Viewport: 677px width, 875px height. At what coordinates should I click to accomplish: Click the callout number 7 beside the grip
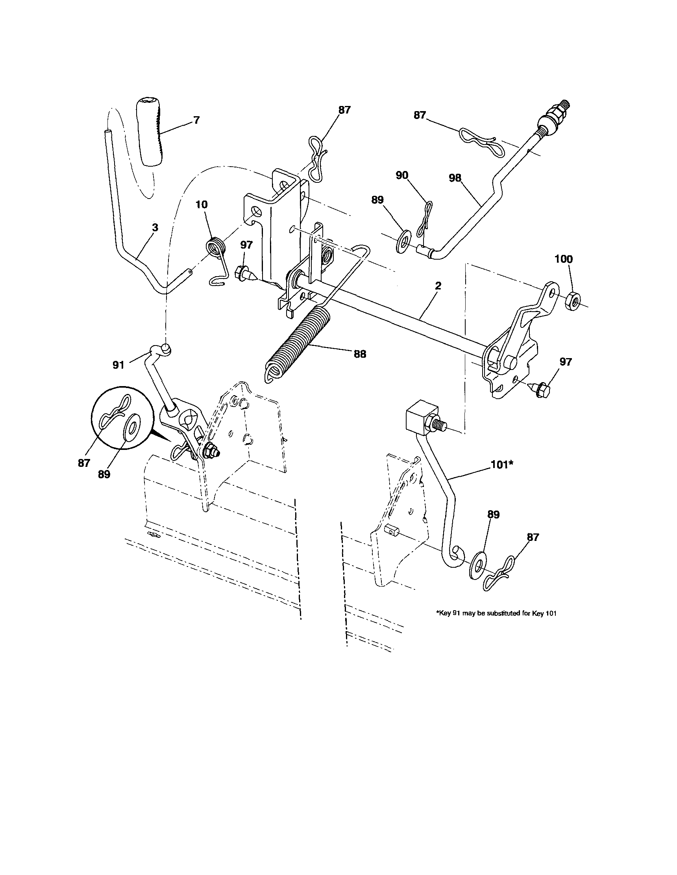point(196,120)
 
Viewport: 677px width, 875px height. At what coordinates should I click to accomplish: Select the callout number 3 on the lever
point(155,228)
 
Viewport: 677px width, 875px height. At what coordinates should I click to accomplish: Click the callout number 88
point(360,354)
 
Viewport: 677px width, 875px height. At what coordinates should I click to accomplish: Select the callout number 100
point(563,259)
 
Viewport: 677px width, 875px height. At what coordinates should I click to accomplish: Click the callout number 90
point(402,175)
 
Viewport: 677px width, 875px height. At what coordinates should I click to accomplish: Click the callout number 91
point(118,364)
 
